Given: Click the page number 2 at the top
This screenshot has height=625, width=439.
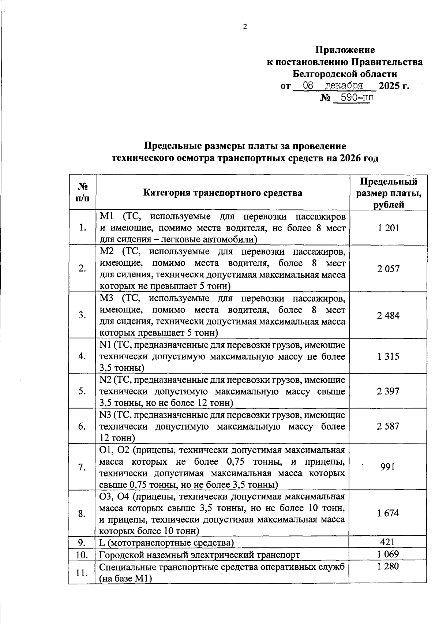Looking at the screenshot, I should (x=245, y=26).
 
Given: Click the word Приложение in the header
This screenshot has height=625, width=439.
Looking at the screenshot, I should (x=345, y=50).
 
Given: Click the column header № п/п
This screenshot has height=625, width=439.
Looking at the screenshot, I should (x=82, y=192).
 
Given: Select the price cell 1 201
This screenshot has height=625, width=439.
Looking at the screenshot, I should (x=389, y=228).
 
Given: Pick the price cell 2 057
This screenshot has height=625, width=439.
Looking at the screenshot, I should (x=389, y=269).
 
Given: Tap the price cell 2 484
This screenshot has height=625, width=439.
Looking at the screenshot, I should (x=389, y=315).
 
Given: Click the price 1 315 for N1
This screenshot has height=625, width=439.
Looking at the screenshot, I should (x=389, y=356).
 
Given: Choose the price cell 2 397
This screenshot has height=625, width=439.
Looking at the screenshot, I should (x=389, y=391).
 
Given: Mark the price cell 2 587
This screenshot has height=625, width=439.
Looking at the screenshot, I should (x=389, y=426).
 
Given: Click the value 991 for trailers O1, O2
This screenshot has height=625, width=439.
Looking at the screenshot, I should (x=388, y=467).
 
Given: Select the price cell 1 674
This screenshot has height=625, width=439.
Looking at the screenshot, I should (x=389, y=513).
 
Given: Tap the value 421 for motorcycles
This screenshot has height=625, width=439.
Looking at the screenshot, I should (x=388, y=542).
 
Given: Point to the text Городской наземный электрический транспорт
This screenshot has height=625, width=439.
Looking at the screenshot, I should (x=200, y=555).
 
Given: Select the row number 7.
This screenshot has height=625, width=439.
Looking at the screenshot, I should (x=82, y=467).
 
